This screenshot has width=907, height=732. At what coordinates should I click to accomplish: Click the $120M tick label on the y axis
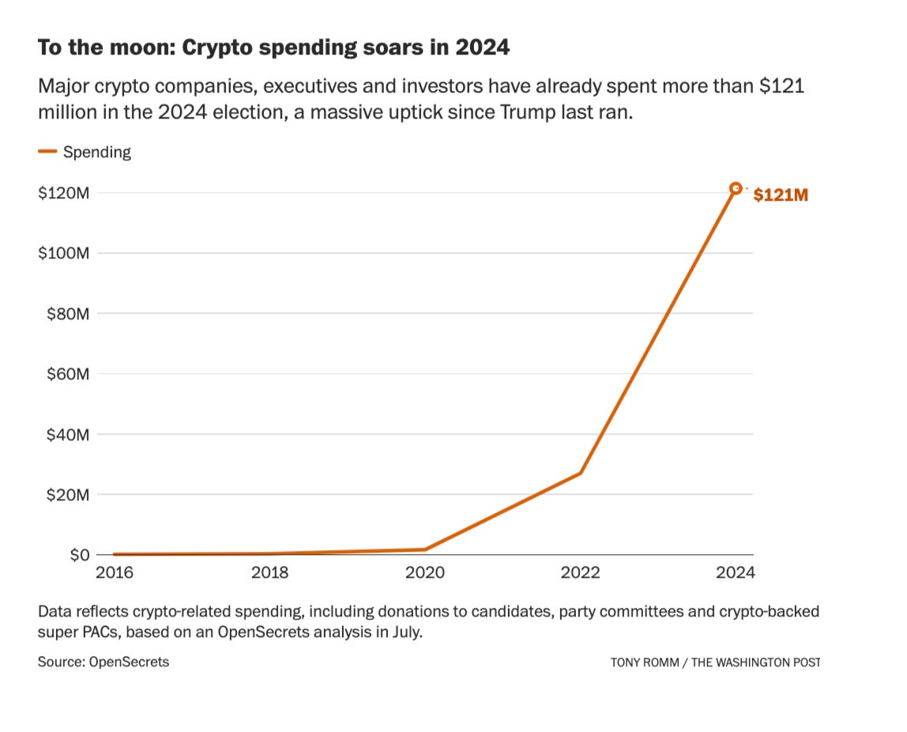coord(63,193)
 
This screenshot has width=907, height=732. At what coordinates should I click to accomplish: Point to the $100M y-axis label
coord(63,253)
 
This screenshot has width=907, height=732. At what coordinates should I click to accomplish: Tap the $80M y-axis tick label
coord(66,314)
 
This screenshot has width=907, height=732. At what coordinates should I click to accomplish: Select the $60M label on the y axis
coord(66,374)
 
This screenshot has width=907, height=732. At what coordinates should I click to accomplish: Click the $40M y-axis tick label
coord(66,434)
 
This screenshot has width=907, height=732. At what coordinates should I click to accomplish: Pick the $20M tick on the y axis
coord(66,495)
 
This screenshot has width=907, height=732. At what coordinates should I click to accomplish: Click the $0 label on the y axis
coord(78,555)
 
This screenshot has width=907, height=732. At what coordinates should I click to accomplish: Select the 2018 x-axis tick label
coord(269,572)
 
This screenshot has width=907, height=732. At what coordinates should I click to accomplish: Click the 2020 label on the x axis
coord(425,572)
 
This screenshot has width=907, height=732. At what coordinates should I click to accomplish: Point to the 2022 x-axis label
coord(581,572)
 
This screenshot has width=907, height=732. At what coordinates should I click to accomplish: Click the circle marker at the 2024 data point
coord(736,188)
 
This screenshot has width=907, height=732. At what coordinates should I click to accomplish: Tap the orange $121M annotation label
coord(781,195)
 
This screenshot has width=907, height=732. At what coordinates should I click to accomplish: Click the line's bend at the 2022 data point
coord(581,473)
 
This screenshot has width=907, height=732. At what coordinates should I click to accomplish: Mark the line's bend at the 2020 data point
coord(425,549)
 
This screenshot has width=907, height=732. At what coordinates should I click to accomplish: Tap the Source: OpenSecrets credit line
coord(103,662)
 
